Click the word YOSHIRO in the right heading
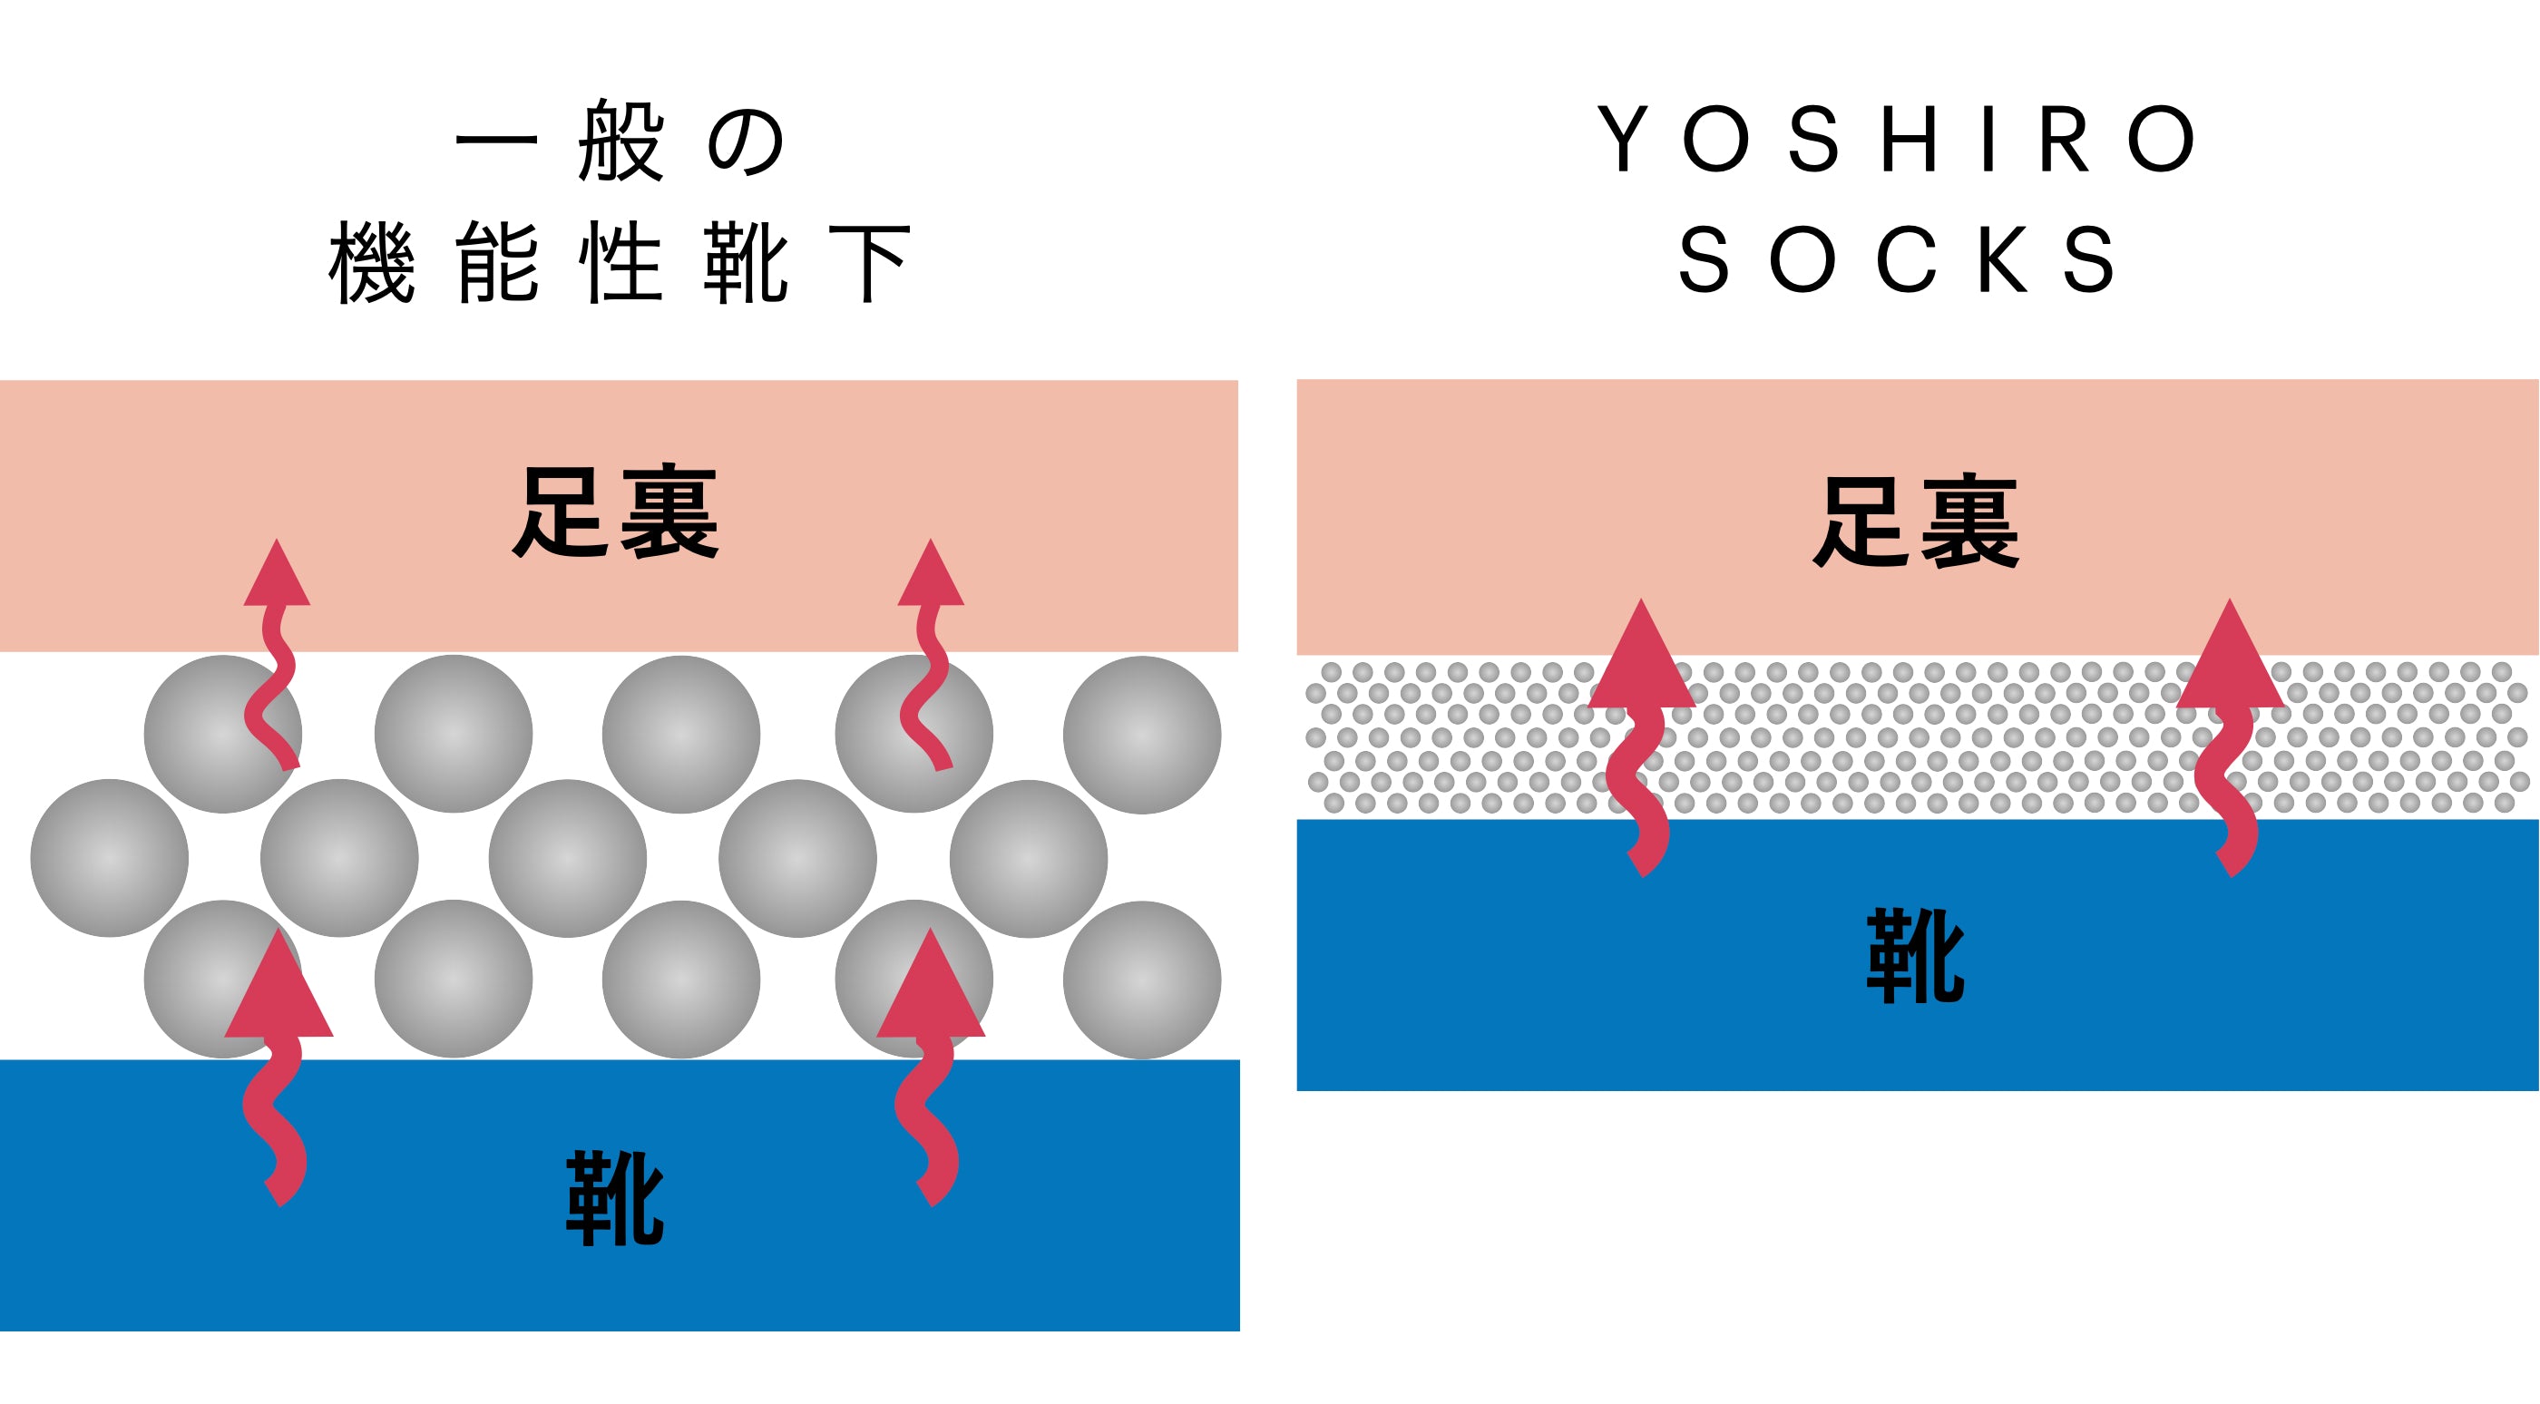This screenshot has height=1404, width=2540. (x=1898, y=139)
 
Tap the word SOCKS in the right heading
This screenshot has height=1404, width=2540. (x=1898, y=259)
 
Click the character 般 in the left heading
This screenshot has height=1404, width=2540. (x=620, y=141)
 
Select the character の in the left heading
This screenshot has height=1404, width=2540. (x=746, y=143)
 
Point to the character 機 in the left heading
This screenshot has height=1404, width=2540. (x=372, y=262)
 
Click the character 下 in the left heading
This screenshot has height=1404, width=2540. (x=869, y=262)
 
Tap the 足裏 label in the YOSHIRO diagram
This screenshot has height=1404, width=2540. (x=1916, y=522)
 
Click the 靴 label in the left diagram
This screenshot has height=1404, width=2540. (x=614, y=1198)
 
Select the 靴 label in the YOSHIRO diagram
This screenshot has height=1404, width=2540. (x=1915, y=956)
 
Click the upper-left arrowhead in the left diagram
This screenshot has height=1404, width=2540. (x=277, y=577)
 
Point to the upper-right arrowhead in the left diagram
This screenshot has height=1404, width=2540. (x=930, y=577)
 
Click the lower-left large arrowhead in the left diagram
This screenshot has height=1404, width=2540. (x=279, y=991)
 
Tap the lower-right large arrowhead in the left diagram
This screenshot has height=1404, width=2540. (x=930, y=991)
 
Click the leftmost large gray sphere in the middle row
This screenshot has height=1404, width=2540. (x=110, y=858)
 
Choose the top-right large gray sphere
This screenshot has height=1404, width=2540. (x=1142, y=735)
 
